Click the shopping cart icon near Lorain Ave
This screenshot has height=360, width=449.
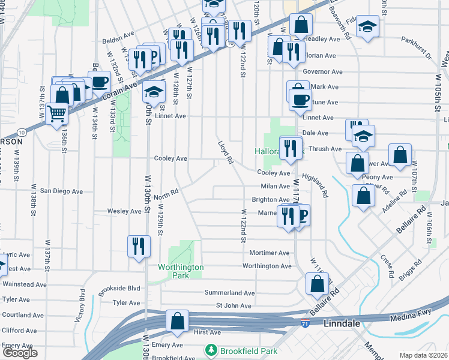coord(57,112)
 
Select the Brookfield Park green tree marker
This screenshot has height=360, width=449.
coord(211,349)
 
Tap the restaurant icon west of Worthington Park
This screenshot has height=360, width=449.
coord(139,245)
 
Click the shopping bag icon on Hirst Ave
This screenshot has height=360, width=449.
coord(178,320)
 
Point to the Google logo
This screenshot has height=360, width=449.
coord(20,353)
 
